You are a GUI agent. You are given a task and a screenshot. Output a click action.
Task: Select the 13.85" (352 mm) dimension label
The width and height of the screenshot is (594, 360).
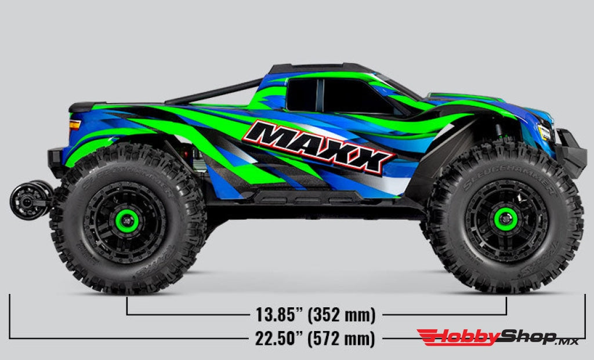[316, 315]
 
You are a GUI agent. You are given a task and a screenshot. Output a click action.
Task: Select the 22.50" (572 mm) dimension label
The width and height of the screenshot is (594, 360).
[315, 338]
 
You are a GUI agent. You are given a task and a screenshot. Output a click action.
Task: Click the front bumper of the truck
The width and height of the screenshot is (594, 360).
[571, 154]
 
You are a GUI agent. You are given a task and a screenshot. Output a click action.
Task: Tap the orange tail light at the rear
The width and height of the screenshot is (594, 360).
[75, 125]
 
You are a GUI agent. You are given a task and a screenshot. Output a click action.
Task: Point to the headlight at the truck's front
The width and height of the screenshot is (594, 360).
[544, 133]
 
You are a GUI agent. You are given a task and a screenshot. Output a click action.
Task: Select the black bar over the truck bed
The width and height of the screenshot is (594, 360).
[215, 92]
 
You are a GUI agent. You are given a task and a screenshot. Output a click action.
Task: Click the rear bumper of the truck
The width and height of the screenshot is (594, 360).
[56, 163]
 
